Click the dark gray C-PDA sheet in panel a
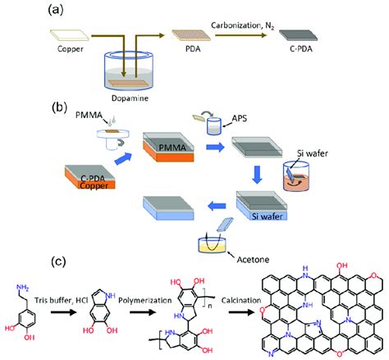(x=296, y=36)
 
